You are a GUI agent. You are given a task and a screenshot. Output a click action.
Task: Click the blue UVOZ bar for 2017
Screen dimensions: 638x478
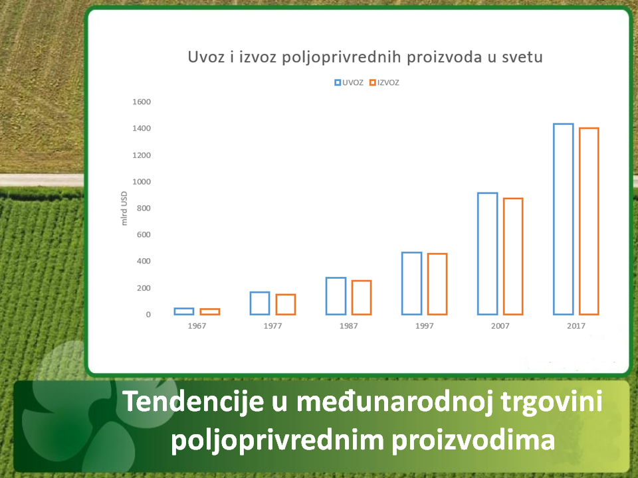tap(554, 220)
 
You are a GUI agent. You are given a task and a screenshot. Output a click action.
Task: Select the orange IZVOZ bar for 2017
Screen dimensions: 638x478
tap(580, 222)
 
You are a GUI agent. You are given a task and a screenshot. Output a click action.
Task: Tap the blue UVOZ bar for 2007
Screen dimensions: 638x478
tap(478, 254)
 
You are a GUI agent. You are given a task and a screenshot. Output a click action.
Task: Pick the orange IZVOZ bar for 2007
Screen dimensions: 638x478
tap(504, 257)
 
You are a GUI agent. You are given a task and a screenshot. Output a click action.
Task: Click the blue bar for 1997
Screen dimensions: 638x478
tap(403, 283)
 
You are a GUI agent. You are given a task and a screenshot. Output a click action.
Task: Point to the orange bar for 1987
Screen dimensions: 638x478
tap(352, 298)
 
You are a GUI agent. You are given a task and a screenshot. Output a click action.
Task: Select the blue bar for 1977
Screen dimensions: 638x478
tap(251, 303)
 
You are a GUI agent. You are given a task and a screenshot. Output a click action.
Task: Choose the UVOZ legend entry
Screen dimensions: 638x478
tap(349, 82)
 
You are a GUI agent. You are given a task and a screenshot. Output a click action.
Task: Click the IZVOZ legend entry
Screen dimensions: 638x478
tap(384, 82)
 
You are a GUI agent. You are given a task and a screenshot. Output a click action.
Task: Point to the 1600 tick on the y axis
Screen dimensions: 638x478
tap(141, 102)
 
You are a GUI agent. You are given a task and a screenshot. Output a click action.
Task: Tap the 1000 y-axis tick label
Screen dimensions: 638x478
tap(141, 182)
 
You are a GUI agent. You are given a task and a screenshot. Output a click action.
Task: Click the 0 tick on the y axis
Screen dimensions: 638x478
tap(148, 315)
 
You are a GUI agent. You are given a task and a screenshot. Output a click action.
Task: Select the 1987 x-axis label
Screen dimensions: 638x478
tap(349, 326)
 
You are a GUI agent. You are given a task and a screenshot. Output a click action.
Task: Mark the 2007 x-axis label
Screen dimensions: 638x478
tap(500, 326)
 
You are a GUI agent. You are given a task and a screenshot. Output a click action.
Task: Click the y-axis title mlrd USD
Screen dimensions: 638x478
tap(124, 208)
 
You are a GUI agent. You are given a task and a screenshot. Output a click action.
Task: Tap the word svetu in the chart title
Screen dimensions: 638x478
tap(522, 57)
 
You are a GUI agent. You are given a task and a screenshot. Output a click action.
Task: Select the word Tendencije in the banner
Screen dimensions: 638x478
tap(193, 402)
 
